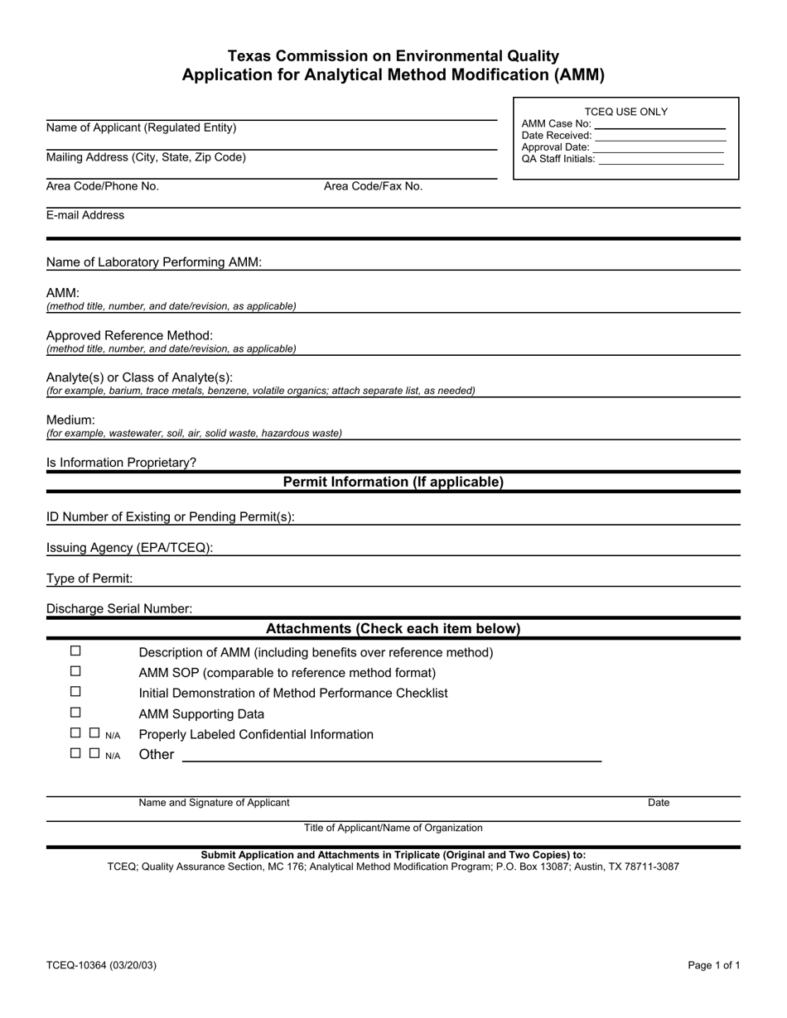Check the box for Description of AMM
click(75, 651)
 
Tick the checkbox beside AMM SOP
click(75, 672)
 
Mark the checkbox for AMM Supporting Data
click(75, 713)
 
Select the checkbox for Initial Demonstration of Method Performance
click(75, 692)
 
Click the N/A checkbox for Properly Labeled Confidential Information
click(94, 732)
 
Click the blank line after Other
click(391, 756)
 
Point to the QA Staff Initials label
click(558, 159)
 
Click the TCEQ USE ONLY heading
click(626, 112)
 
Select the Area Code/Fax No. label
click(373, 186)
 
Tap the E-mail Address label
click(85, 215)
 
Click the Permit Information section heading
click(393, 482)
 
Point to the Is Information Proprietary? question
click(122, 463)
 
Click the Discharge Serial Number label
click(119, 609)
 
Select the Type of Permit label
click(89, 579)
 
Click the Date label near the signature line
click(659, 803)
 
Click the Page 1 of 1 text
click(714, 965)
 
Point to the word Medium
click(70, 420)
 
